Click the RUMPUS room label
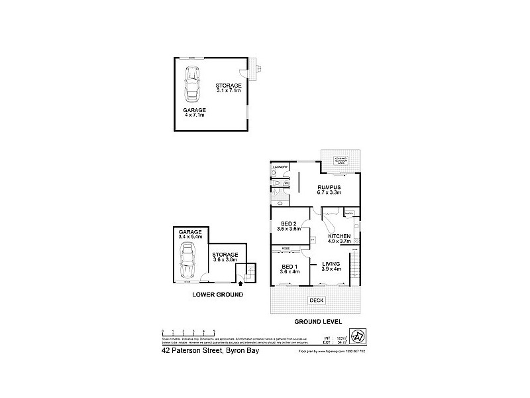click(329, 186)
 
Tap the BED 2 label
click(288, 223)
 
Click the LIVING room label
click(331, 263)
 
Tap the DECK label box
click(315, 300)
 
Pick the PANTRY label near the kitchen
click(349, 214)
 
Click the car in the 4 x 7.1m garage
click(195, 86)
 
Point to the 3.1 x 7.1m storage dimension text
click(229, 92)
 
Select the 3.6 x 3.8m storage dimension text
click(225, 260)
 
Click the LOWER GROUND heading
click(218, 294)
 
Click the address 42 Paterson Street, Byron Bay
click(210, 352)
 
